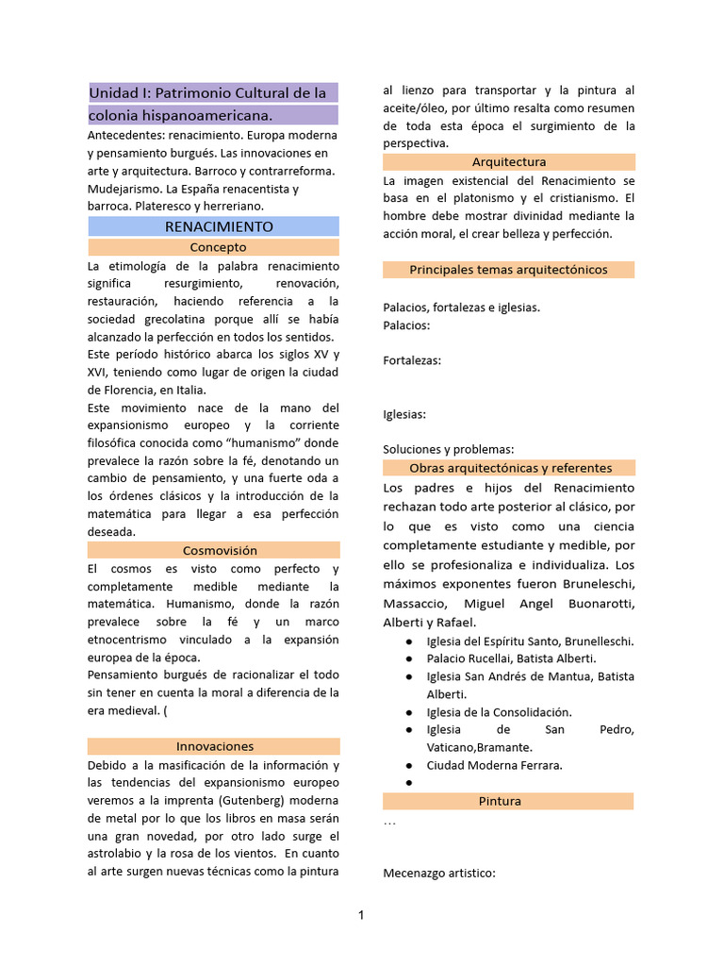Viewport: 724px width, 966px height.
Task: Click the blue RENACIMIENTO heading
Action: (x=219, y=226)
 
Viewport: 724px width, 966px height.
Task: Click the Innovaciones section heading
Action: (x=214, y=746)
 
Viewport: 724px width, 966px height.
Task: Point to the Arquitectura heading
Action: (x=509, y=161)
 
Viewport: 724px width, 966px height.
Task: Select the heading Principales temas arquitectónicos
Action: (x=508, y=270)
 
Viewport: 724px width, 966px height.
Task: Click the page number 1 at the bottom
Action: (x=361, y=914)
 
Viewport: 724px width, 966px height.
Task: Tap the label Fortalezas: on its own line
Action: (x=412, y=359)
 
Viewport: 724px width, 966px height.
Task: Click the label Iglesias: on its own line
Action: (x=404, y=414)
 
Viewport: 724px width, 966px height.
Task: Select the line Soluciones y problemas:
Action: (x=449, y=449)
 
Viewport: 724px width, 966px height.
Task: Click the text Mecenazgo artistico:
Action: (x=438, y=874)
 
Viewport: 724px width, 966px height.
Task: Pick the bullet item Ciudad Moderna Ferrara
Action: (x=494, y=765)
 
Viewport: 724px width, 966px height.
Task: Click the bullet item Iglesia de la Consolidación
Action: (x=499, y=712)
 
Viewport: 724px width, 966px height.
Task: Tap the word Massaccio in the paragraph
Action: (x=416, y=603)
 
